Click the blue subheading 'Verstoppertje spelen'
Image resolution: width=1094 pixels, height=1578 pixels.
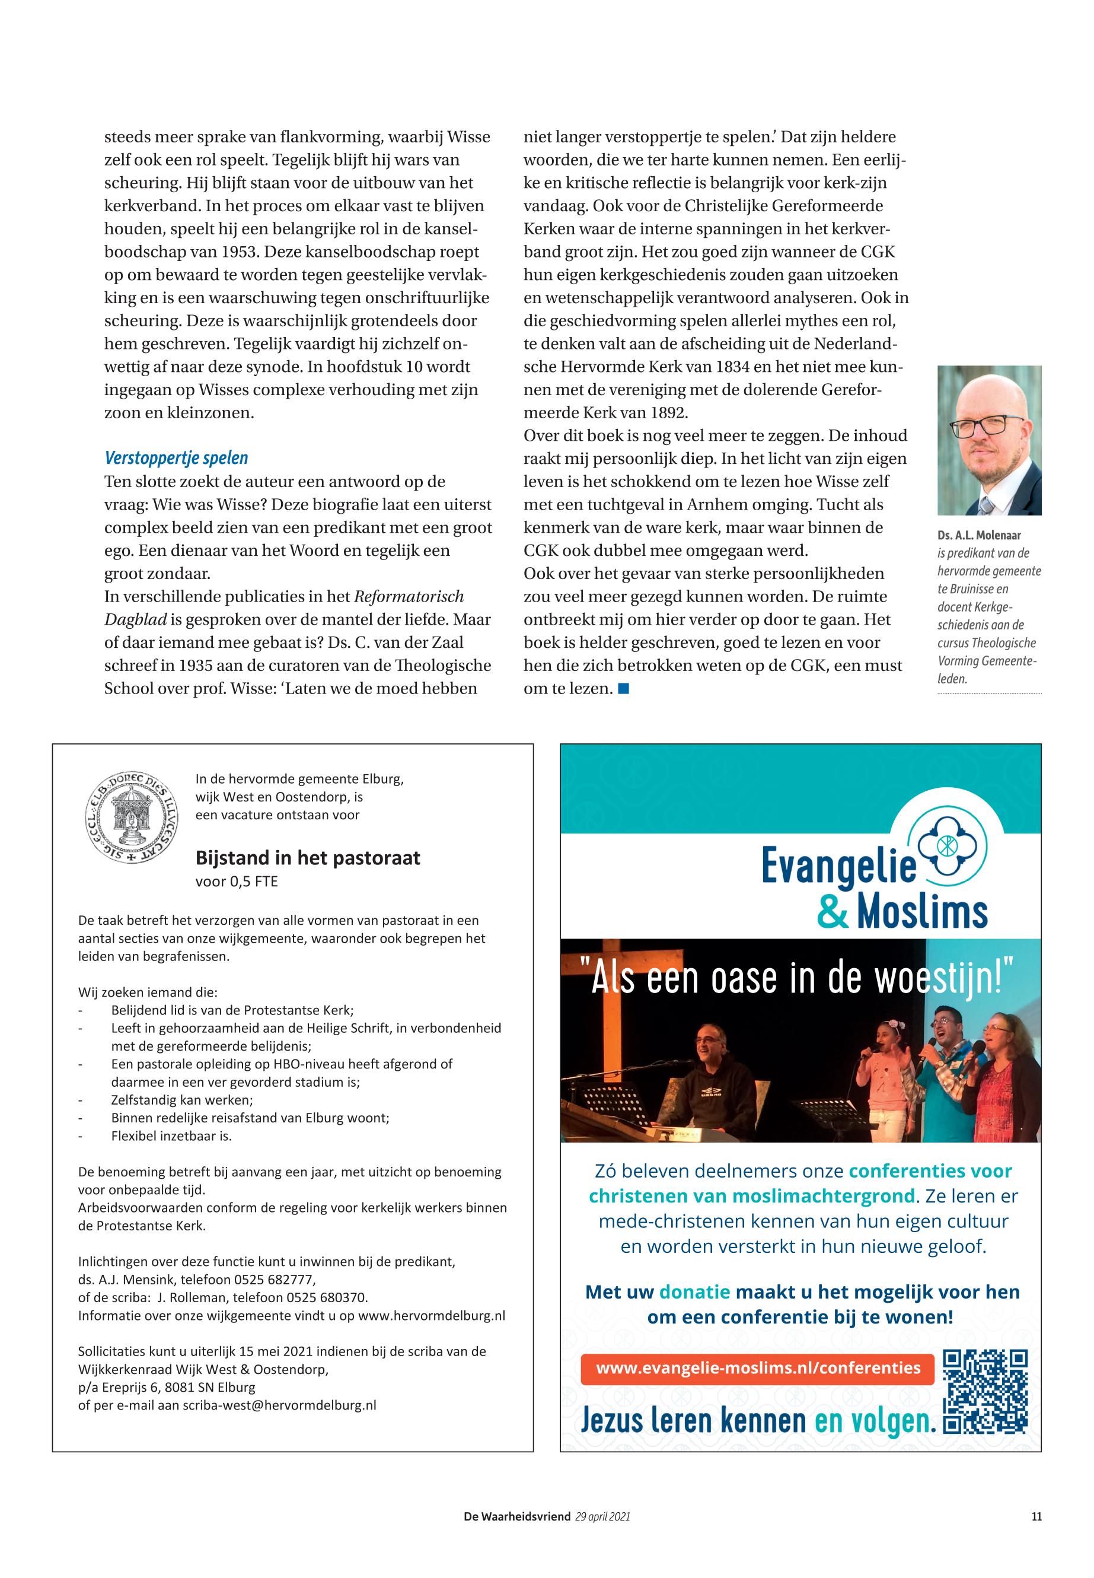[176, 458]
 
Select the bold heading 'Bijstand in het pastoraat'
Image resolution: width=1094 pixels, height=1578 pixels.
[308, 858]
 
